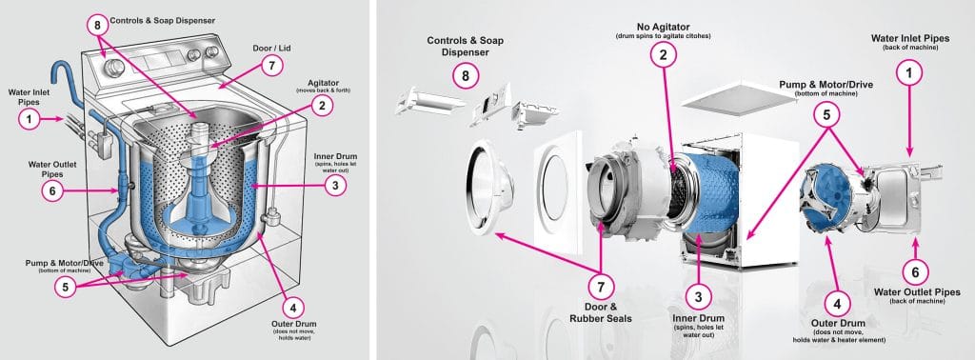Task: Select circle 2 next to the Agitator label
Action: tap(324, 105)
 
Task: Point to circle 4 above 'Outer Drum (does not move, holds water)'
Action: tap(293, 307)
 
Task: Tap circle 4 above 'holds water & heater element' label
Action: tap(836, 305)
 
